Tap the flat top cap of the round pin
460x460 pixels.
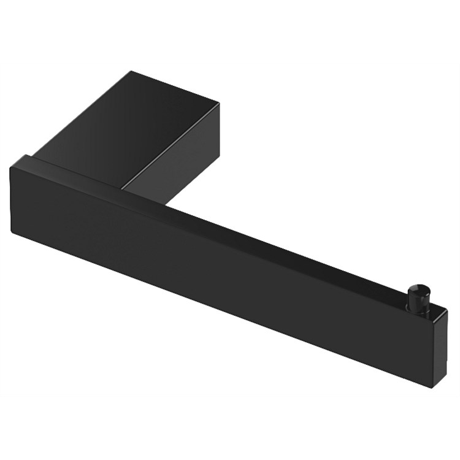(423, 287)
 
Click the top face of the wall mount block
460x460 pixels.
(123, 123)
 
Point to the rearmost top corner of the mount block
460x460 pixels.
(130, 72)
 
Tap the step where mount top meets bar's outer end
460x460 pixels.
(37, 155)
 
